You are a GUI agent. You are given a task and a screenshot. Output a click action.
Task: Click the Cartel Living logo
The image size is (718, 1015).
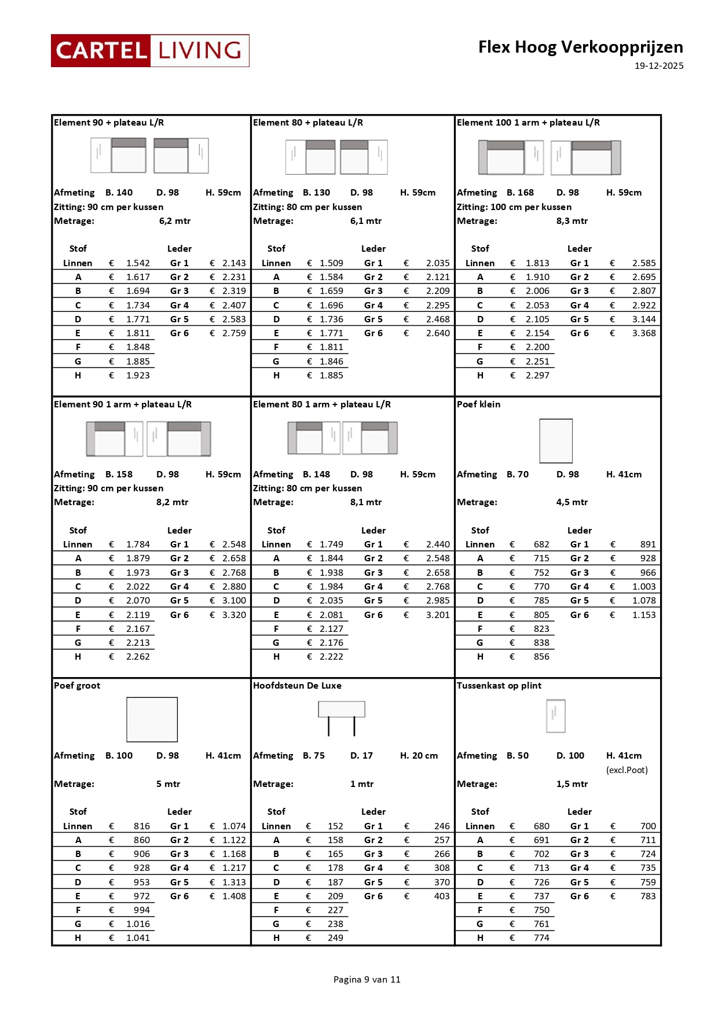[x=150, y=50]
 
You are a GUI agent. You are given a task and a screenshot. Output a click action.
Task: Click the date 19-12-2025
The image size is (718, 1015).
[x=658, y=66]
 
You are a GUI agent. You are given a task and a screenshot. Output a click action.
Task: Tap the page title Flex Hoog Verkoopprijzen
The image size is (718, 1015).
[x=580, y=47]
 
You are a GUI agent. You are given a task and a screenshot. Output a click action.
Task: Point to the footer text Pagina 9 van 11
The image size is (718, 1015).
[x=367, y=979]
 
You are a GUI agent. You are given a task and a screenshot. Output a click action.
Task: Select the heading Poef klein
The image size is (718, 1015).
[x=478, y=404]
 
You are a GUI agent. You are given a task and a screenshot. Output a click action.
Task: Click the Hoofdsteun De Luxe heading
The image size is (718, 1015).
[x=297, y=686]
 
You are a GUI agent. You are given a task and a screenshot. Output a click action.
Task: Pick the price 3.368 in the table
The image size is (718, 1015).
[x=643, y=333]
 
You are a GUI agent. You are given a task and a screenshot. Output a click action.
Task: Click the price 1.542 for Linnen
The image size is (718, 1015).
[x=138, y=263]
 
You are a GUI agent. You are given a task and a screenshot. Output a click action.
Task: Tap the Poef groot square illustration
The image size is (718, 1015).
[x=152, y=719]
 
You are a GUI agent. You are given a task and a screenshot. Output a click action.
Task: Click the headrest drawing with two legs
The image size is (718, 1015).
[x=342, y=716]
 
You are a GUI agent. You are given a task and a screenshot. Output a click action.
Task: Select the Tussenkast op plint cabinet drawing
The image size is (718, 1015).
[x=556, y=716]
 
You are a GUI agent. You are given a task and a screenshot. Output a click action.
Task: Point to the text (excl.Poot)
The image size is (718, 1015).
[x=627, y=770]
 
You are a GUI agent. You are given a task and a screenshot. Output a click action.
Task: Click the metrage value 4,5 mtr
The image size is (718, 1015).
[x=572, y=502]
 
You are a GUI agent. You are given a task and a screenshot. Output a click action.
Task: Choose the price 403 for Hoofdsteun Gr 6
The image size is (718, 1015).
[x=441, y=896]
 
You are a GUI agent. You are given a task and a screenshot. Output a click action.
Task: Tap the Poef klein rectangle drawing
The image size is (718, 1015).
[x=556, y=441]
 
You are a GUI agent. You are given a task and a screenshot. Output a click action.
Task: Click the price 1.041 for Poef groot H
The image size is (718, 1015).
[x=138, y=938]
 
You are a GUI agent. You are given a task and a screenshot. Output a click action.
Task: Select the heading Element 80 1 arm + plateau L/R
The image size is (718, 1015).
[x=321, y=404]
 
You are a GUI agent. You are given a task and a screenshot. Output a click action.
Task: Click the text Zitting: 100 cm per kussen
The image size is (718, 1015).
[x=514, y=207]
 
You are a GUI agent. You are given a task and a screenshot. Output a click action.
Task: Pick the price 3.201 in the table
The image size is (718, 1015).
[x=437, y=615]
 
